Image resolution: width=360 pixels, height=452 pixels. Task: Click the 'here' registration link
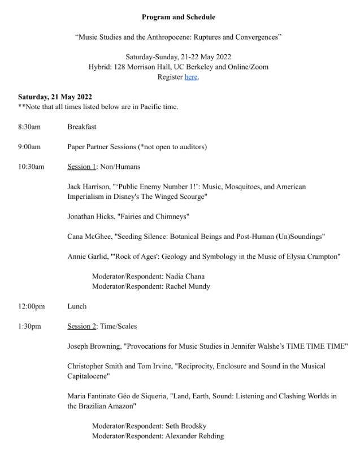point(191,77)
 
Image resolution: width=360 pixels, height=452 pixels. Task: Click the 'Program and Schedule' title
point(178,17)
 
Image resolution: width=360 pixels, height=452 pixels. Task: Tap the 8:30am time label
point(29,127)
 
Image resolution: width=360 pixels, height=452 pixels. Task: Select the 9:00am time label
point(29,147)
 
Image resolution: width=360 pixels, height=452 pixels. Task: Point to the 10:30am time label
point(31,167)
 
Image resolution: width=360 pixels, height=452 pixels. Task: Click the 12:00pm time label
point(31,306)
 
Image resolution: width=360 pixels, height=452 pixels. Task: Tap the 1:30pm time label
point(29,326)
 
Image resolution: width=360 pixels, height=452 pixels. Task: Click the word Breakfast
point(82,127)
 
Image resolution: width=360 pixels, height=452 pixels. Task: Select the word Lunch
point(77,306)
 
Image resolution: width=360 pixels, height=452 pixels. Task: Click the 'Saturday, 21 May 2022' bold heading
point(55,97)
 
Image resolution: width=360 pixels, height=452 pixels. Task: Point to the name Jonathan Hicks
point(90,216)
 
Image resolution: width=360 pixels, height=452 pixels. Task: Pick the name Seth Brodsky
point(186,426)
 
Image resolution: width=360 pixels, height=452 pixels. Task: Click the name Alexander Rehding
point(194,436)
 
